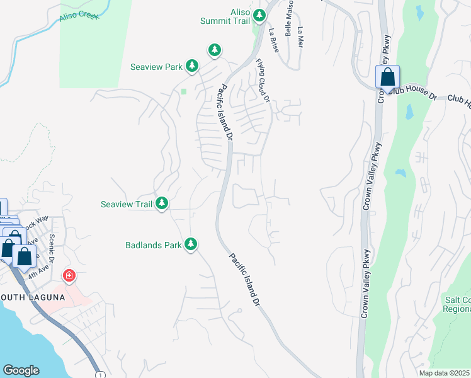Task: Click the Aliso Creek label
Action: click(79, 16)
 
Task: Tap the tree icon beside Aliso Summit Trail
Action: click(259, 14)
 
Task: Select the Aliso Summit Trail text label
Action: click(226, 16)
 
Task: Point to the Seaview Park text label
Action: click(156, 66)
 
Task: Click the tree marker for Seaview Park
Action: click(192, 66)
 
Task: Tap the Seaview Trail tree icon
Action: click(162, 203)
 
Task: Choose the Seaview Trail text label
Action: click(127, 204)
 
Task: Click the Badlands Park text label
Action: click(152, 244)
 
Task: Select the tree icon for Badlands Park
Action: click(191, 244)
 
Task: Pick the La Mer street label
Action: click(300, 37)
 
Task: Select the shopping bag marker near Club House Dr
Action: click(388, 77)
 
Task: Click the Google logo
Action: click(21, 370)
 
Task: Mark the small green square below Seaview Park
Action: click(184, 91)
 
